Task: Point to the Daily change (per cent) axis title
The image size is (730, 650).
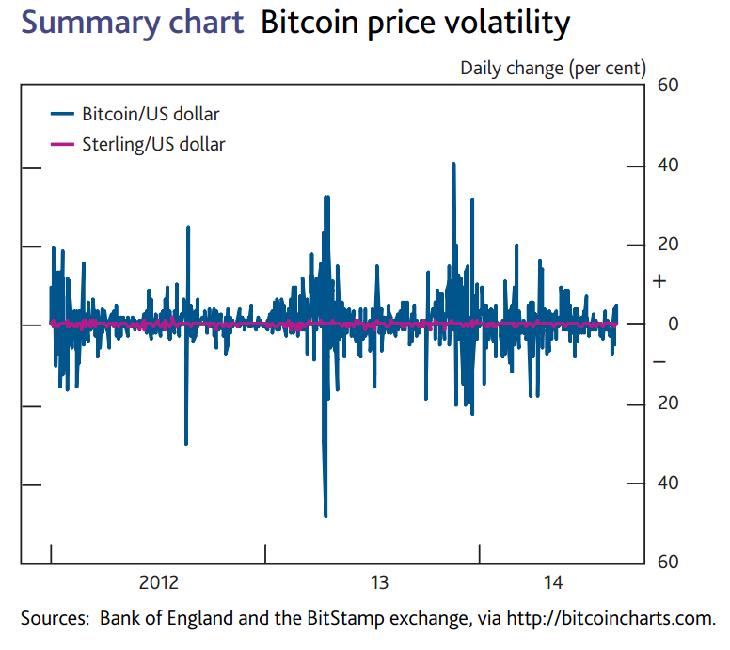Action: pos(553,68)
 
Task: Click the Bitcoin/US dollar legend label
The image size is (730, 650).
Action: pos(151,115)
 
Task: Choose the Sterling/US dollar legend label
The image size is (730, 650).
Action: pos(153,144)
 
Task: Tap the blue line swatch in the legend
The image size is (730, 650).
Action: pos(62,115)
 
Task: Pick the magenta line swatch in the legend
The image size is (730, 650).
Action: pos(62,144)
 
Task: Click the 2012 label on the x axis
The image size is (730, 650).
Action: pos(158,583)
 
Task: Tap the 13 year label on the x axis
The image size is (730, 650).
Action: pos(379,583)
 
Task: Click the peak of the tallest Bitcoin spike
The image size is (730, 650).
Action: pos(453,163)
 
